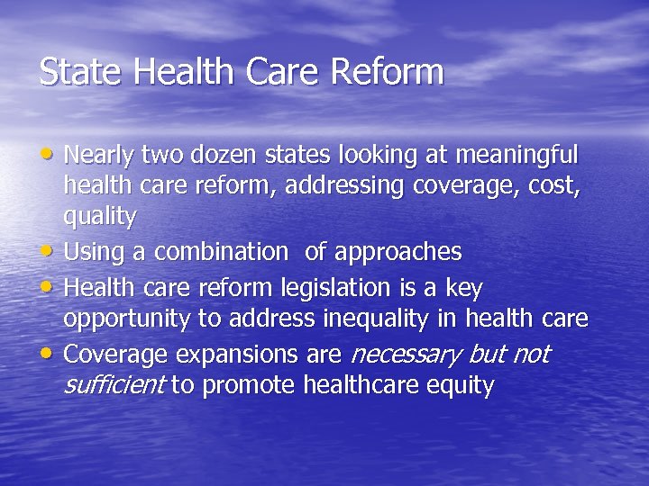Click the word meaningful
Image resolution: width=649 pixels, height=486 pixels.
(517, 156)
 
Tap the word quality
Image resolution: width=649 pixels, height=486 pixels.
(99, 218)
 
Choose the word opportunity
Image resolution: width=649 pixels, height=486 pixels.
(127, 319)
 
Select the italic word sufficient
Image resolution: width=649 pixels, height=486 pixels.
(113, 386)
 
